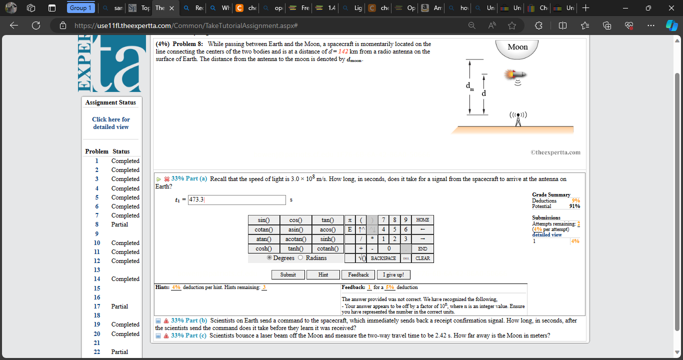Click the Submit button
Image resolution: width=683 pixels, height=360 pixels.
coord(288,274)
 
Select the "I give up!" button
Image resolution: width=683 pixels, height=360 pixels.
coord(396,274)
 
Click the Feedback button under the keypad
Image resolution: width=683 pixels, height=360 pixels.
coord(358,274)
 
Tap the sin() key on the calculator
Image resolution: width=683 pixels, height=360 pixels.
coord(264,220)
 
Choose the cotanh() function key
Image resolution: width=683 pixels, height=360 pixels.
coord(328,248)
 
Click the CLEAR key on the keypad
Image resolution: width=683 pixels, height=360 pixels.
coord(422,258)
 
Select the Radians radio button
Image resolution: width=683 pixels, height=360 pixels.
coord(301,257)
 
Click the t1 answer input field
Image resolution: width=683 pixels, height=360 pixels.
coord(236,200)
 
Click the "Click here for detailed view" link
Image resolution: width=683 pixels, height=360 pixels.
coord(111,123)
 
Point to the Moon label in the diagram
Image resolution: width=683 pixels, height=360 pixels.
coord(517,47)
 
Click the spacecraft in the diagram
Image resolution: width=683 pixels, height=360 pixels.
coord(515,75)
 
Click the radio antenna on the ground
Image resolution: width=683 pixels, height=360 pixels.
coord(518,119)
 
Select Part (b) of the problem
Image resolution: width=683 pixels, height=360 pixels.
coord(188,320)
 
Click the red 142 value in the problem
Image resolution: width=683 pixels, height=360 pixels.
coord(343,51)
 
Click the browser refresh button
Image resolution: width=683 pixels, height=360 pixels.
coord(35,25)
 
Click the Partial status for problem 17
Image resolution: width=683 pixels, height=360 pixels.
coord(119,306)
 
